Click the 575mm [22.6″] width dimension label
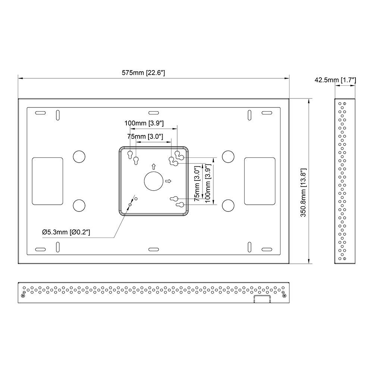[143, 73]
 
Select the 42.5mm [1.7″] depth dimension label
[335, 80]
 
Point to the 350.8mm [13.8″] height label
[303, 193]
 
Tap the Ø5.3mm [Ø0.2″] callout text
[66, 232]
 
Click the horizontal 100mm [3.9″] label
[144, 123]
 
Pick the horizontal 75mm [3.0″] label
[145, 137]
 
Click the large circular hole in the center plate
[154, 181]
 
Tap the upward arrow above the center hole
[154, 166]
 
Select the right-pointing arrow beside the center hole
[168, 181]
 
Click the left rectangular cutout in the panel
[48, 181]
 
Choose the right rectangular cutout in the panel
[260, 181]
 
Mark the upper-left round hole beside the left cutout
[79, 157]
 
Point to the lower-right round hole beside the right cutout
[228, 206]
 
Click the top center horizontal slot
[154, 113]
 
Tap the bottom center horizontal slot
[154, 249]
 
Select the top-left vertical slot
[58, 115]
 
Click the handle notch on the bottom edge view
[262, 299]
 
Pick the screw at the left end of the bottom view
[23, 296]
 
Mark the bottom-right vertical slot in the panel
[249, 247]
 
